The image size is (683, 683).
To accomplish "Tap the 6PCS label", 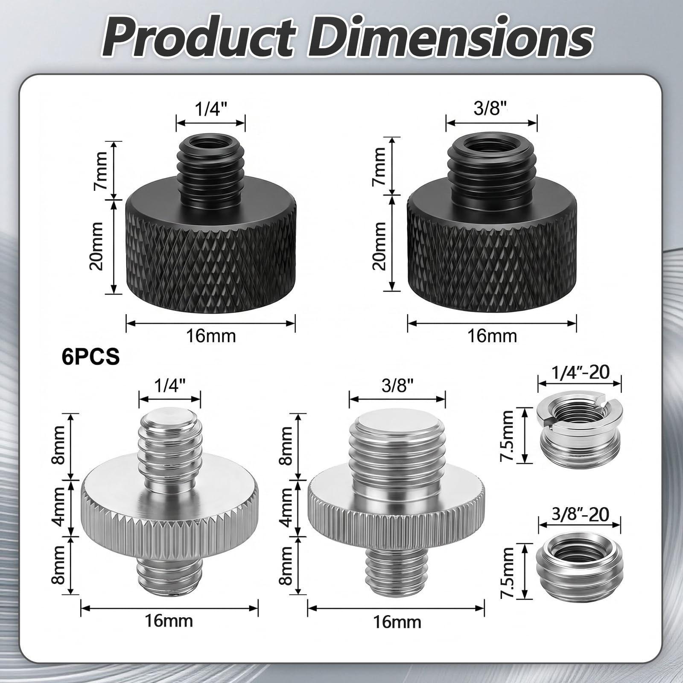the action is [91, 356].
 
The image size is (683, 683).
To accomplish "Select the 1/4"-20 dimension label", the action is [580, 372].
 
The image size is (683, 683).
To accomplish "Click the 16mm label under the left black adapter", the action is [210, 336].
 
